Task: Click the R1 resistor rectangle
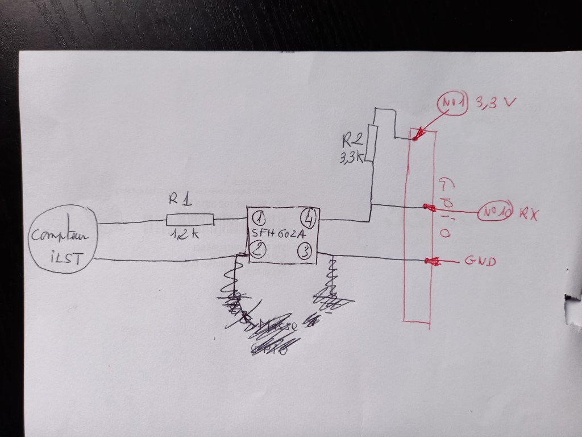(190, 220)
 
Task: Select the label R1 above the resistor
(180, 200)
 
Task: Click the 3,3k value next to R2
(351, 159)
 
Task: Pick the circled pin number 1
(259, 218)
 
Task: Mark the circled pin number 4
(309, 217)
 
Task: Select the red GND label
(480, 261)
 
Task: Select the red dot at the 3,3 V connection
(416, 137)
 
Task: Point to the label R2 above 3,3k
(352, 139)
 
